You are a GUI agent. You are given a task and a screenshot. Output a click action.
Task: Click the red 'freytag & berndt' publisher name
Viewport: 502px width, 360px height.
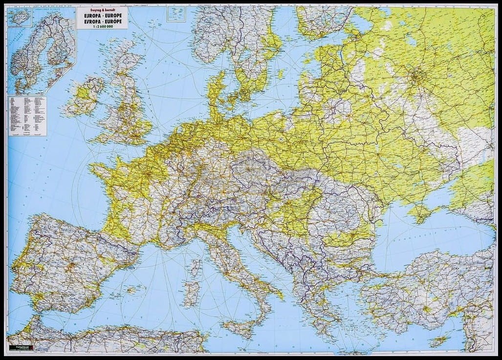pyautogui.click(x=102, y=10)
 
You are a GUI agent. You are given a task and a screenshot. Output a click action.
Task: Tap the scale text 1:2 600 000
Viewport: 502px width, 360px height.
pyautogui.click(x=102, y=25)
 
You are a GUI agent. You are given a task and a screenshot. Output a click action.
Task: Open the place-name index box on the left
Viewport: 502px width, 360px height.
pyautogui.click(x=27, y=116)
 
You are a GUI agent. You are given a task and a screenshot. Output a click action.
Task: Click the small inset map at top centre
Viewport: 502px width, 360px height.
pyautogui.click(x=176, y=14)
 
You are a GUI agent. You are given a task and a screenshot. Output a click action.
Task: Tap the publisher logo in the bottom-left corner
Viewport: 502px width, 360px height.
pyautogui.click(x=22, y=347)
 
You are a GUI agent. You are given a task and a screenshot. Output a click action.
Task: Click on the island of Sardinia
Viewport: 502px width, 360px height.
pyautogui.click(x=191, y=294)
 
